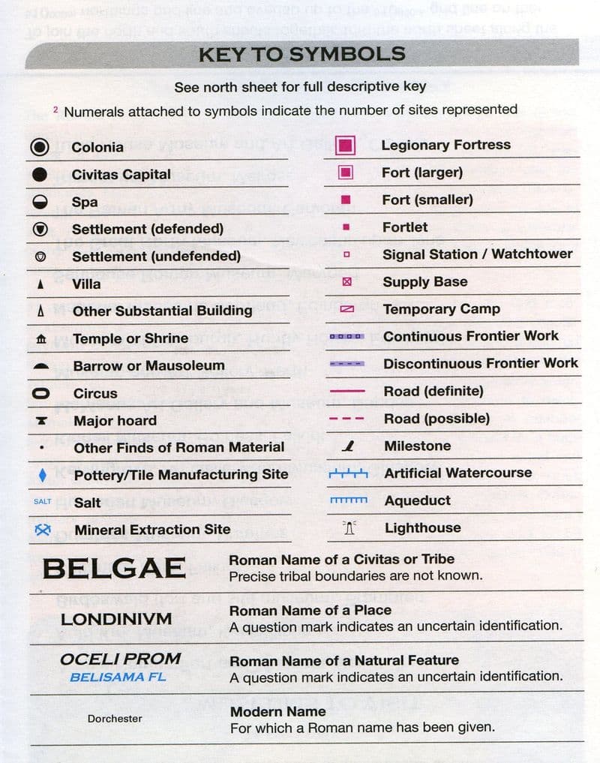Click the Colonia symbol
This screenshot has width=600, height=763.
point(41,147)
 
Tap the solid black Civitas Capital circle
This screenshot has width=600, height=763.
point(41,174)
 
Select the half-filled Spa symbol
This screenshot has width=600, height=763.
point(41,202)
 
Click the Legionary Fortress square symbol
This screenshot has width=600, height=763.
point(346,145)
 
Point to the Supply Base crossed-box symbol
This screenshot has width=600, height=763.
point(346,282)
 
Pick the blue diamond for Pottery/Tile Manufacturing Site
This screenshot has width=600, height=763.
point(42,474)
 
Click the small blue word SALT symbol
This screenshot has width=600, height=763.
point(42,501)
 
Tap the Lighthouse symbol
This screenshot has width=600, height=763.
point(348,528)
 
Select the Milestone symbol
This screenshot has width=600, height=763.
point(347,446)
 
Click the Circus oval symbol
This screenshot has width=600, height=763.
point(41,393)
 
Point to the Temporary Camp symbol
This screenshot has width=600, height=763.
point(346,309)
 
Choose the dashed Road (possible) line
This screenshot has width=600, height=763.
point(347,419)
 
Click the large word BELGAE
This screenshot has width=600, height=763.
point(114,568)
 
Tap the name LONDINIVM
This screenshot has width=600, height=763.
point(116,620)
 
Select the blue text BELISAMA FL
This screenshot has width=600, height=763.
point(118,676)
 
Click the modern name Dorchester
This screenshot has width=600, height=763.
point(115,718)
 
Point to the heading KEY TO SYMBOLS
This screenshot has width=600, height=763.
point(301,54)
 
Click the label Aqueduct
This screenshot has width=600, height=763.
point(418,500)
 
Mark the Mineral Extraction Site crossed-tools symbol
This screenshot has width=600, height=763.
point(42,529)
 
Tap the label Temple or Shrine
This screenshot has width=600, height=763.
point(130,338)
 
